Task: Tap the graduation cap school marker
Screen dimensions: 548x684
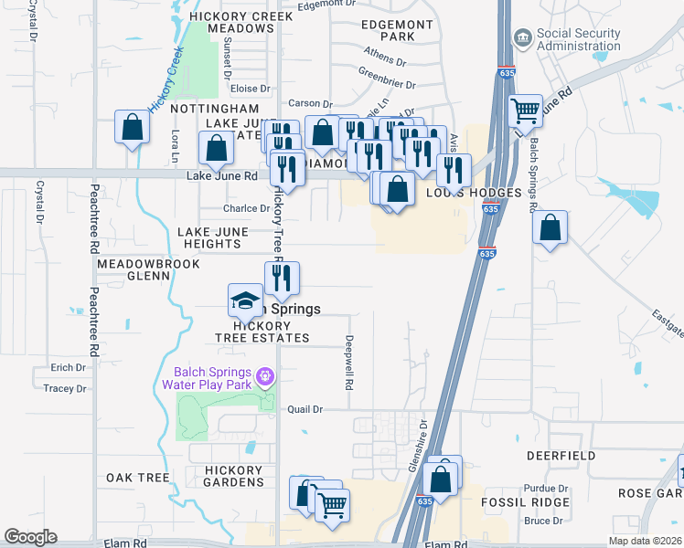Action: (x=245, y=300)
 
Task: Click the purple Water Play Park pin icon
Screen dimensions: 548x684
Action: (x=265, y=375)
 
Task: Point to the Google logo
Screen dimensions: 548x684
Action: (x=30, y=537)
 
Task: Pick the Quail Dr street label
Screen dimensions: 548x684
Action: (x=305, y=410)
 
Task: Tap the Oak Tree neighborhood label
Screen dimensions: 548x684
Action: (x=138, y=478)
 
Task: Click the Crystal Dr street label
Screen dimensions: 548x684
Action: (x=39, y=201)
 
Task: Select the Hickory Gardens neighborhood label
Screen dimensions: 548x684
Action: (x=233, y=476)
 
